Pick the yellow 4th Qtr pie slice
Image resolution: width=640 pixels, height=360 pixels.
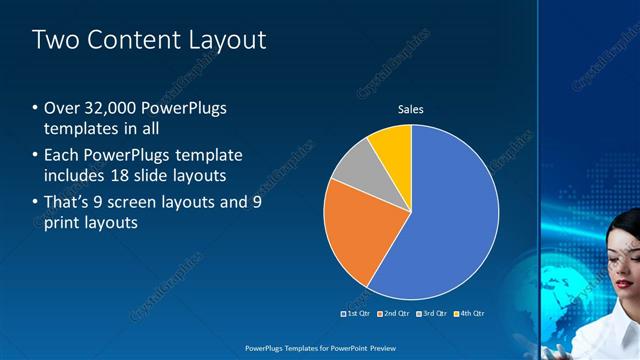pyautogui.click(x=393, y=147)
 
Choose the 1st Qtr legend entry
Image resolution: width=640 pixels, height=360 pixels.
pyautogui.click(x=356, y=313)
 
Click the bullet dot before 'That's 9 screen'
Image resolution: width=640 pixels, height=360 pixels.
pyautogui.click(x=35, y=202)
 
